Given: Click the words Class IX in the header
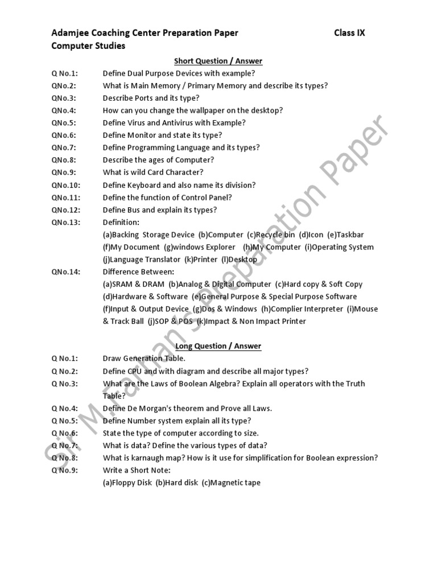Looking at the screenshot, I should click(349, 33).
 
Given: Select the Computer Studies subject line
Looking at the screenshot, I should click(88, 46).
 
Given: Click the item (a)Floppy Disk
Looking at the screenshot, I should click(127, 483).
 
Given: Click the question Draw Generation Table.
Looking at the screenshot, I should click(144, 359).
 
